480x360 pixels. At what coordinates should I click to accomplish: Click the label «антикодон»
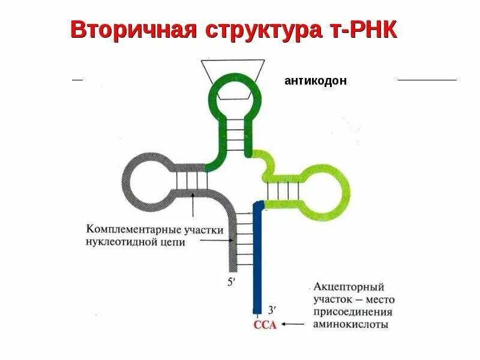316,81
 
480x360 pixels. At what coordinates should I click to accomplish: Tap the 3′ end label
271,310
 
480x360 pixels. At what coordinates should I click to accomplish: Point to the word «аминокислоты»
350,325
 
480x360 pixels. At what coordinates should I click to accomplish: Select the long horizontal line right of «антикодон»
427,80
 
